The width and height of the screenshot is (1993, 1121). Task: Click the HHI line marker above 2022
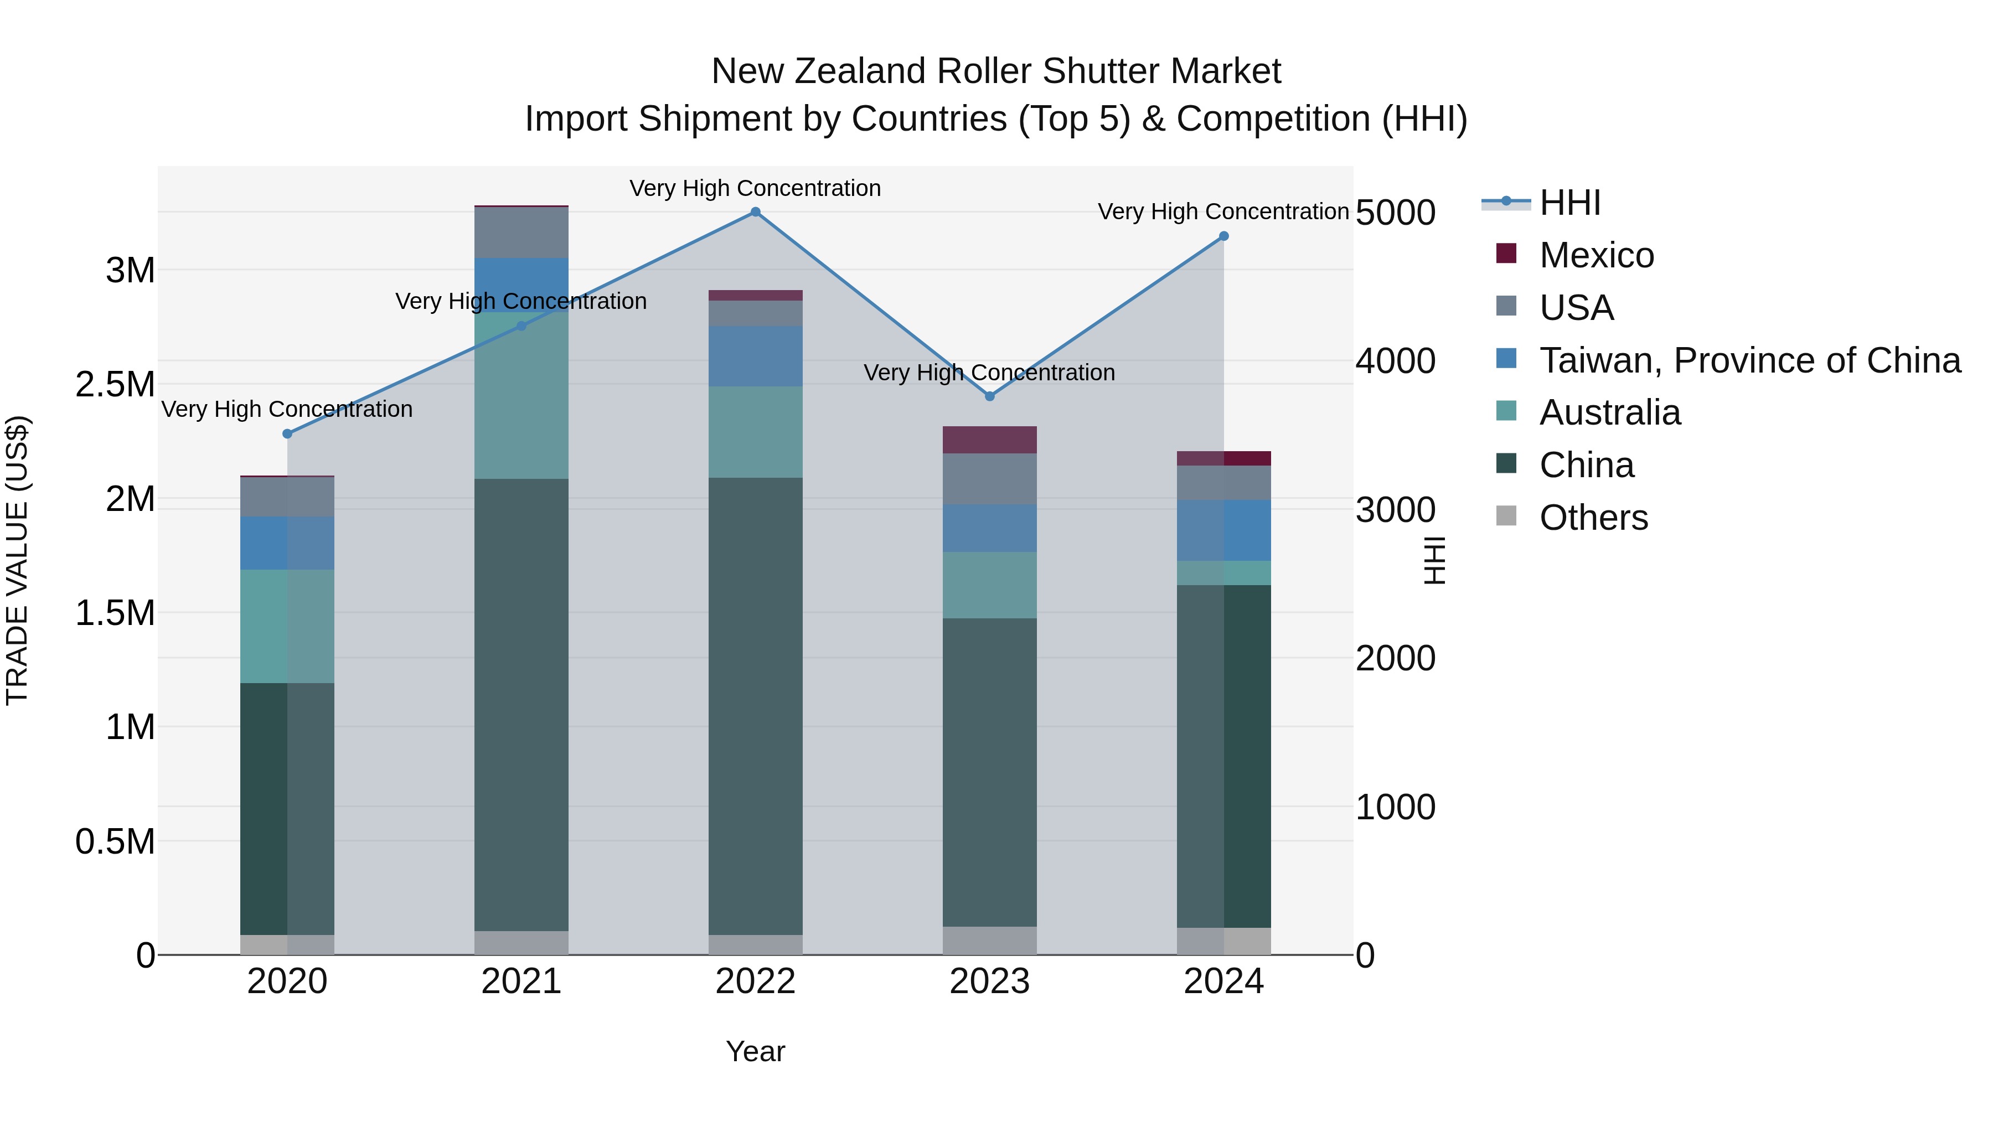tap(755, 212)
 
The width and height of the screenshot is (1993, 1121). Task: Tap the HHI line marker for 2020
tap(287, 434)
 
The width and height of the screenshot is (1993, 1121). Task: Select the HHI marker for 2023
tap(989, 396)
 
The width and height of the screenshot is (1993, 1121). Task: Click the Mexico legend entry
tap(1596, 255)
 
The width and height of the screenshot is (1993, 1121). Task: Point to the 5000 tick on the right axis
tap(1395, 213)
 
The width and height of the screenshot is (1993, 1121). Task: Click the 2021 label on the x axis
tap(521, 981)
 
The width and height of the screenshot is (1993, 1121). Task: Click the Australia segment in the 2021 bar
tap(521, 395)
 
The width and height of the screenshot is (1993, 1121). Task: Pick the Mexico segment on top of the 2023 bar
tap(989, 440)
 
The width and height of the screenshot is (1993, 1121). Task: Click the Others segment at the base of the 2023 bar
tap(989, 940)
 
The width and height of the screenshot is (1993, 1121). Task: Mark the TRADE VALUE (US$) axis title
tap(17, 560)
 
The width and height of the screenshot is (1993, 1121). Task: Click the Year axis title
tap(755, 1051)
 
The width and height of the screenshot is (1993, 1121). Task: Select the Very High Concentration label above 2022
tap(755, 188)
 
